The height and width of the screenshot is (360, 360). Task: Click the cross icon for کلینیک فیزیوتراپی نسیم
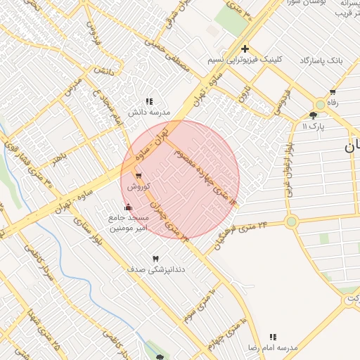point(245,49)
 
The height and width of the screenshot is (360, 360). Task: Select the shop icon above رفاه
point(333,92)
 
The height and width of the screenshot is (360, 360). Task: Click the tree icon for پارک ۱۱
point(313,115)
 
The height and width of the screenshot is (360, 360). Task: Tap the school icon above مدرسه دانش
point(148,101)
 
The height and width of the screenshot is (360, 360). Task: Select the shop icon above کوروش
point(138,176)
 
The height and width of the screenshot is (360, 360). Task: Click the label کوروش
point(136,188)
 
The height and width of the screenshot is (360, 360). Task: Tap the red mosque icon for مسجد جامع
point(127,207)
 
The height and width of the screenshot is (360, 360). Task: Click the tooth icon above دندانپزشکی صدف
point(155,259)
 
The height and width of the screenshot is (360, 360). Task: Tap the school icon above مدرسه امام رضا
point(273,337)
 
